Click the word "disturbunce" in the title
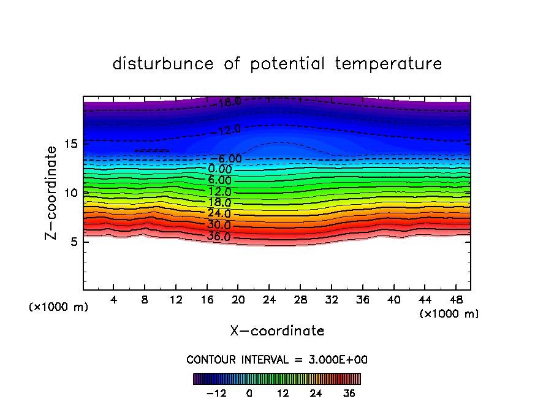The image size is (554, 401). click(163, 64)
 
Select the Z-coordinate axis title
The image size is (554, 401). click(52, 193)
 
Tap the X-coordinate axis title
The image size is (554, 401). click(277, 331)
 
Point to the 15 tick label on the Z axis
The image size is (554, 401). click(70, 144)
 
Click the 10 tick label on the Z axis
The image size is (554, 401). click(70, 193)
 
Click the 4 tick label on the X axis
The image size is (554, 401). click(114, 300)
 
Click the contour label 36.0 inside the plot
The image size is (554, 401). click(219, 237)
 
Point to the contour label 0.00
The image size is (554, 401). click(220, 169)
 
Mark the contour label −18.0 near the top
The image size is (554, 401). click(227, 102)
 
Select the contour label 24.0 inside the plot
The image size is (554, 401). click(219, 214)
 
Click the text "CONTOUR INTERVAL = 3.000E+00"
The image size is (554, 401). click(277, 359)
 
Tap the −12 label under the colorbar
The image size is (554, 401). click(216, 393)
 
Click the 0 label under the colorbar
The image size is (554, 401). click(249, 393)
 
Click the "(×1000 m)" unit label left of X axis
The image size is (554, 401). click(59, 307)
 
